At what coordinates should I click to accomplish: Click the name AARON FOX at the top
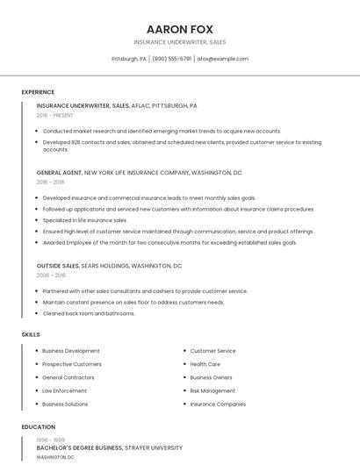pos(179,29)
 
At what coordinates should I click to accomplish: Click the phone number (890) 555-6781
pos(171,59)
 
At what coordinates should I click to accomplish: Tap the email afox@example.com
pos(222,59)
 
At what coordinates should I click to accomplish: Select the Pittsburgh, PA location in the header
pos(129,59)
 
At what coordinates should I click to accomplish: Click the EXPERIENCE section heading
pos(38,92)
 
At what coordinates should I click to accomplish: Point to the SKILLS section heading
pos(31,334)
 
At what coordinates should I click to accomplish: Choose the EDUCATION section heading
pos(39,427)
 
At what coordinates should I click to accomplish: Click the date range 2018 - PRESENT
pos(55,115)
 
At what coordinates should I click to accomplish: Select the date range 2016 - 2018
pos(50,182)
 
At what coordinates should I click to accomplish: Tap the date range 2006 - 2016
pos(51,275)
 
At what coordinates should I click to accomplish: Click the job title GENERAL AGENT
pos(60,173)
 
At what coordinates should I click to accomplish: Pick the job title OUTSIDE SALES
pos(58,265)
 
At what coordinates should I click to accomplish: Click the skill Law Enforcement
pos(64,390)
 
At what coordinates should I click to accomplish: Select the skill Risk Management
pos(212,390)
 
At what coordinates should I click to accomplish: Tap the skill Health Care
pos(205,364)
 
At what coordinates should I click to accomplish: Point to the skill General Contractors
pos(68,377)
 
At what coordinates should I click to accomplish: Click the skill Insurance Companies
pos(218,404)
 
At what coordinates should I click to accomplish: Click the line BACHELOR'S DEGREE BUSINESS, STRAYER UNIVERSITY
pos(109,447)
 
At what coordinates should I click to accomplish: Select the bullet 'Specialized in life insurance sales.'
pos(84,220)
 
